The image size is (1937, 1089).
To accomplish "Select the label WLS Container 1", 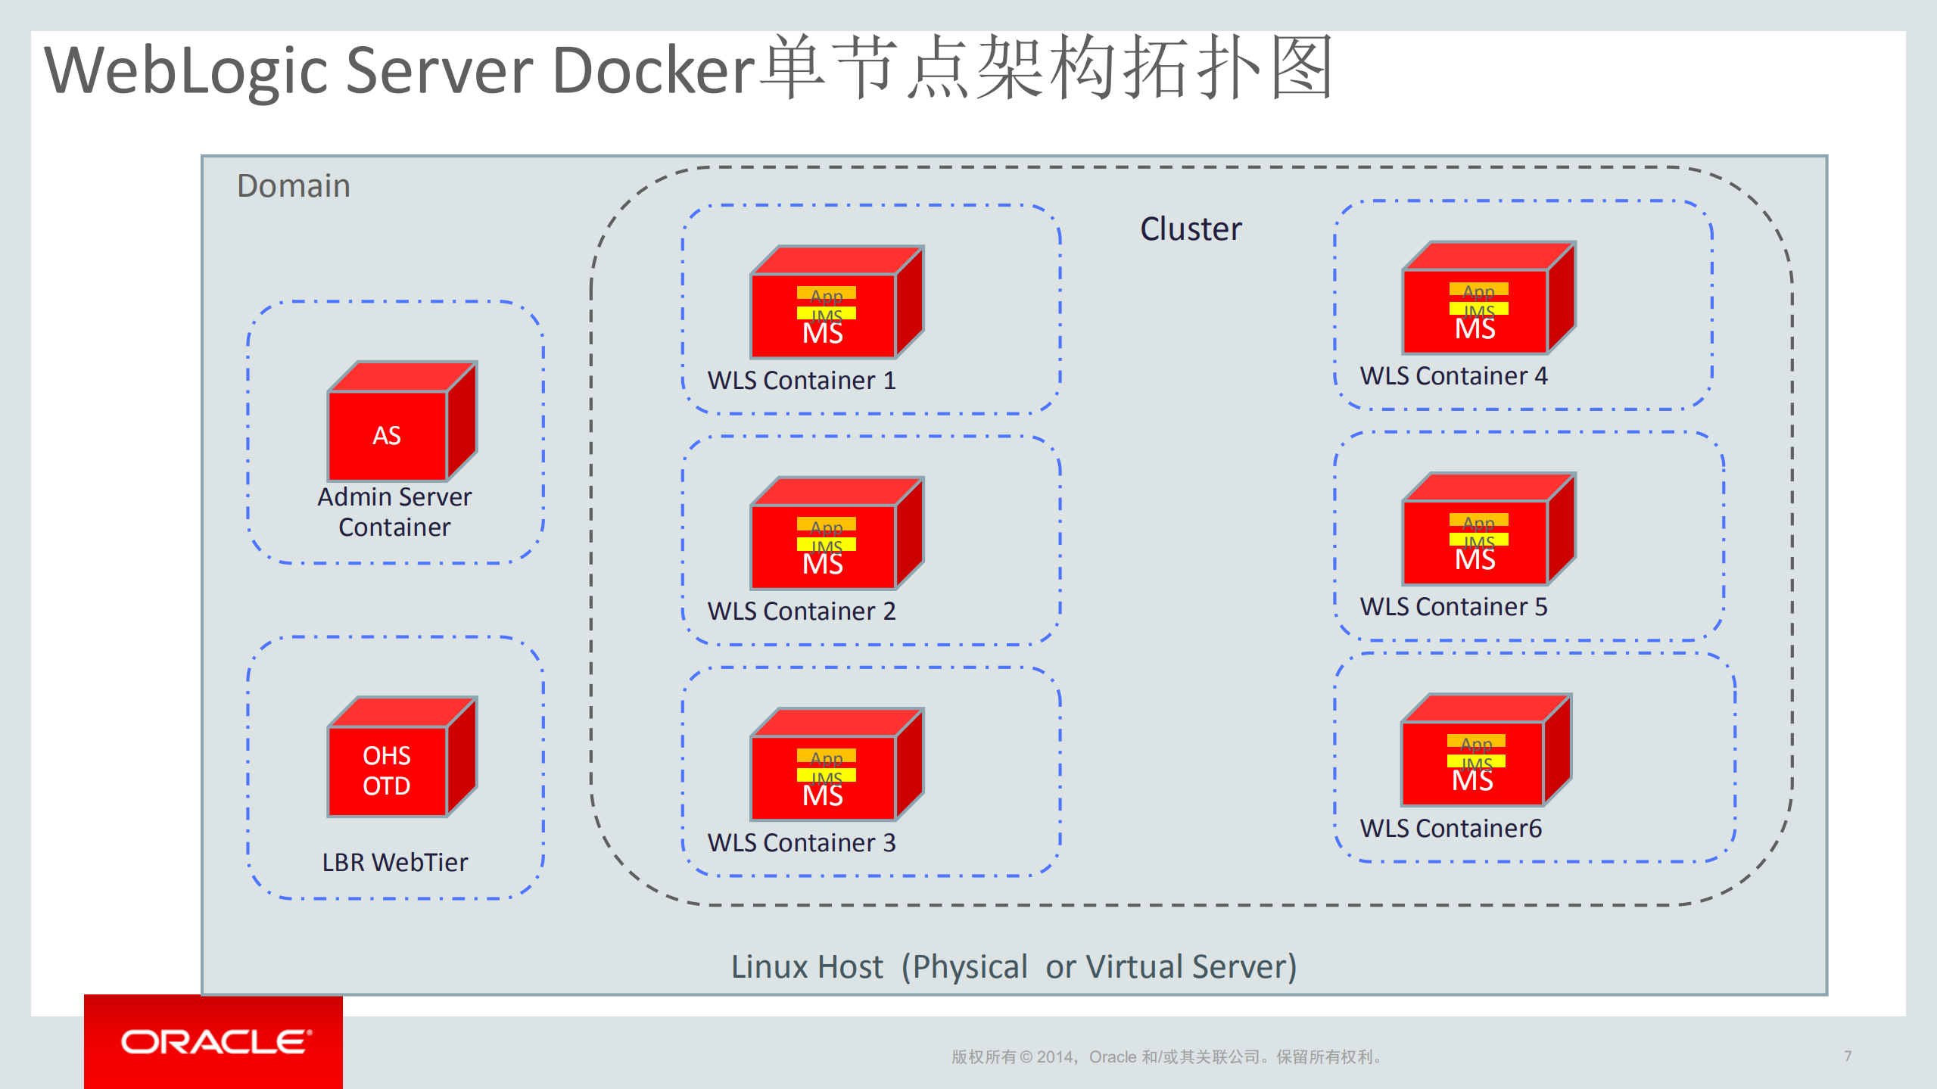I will click(x=802, y=380).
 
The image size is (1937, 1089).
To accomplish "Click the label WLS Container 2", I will click(x=802, y=611).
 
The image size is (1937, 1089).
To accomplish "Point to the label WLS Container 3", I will click(x=802, y=842).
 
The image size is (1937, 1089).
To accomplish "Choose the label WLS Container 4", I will click(x=1453, y=375).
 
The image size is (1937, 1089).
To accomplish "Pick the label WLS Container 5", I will click(x=1453, y=606).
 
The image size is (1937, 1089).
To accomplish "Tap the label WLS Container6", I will click(x=1450, y=828).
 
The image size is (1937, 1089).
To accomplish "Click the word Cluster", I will click(x=1191, y=229).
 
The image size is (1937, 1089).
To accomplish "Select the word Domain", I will click(x=294, y=186).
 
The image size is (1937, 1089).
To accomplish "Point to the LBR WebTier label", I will click(x=394, y=862).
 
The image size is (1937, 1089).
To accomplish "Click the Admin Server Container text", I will click(x=394, y=512).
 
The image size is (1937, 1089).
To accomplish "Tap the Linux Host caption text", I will click(x=1014, y=966).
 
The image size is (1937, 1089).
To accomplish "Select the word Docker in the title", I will click(x=654, y=70).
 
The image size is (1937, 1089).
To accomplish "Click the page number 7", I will click(x=1848, y=1056).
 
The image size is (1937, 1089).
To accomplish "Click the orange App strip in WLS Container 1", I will click(x=826, y=293).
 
